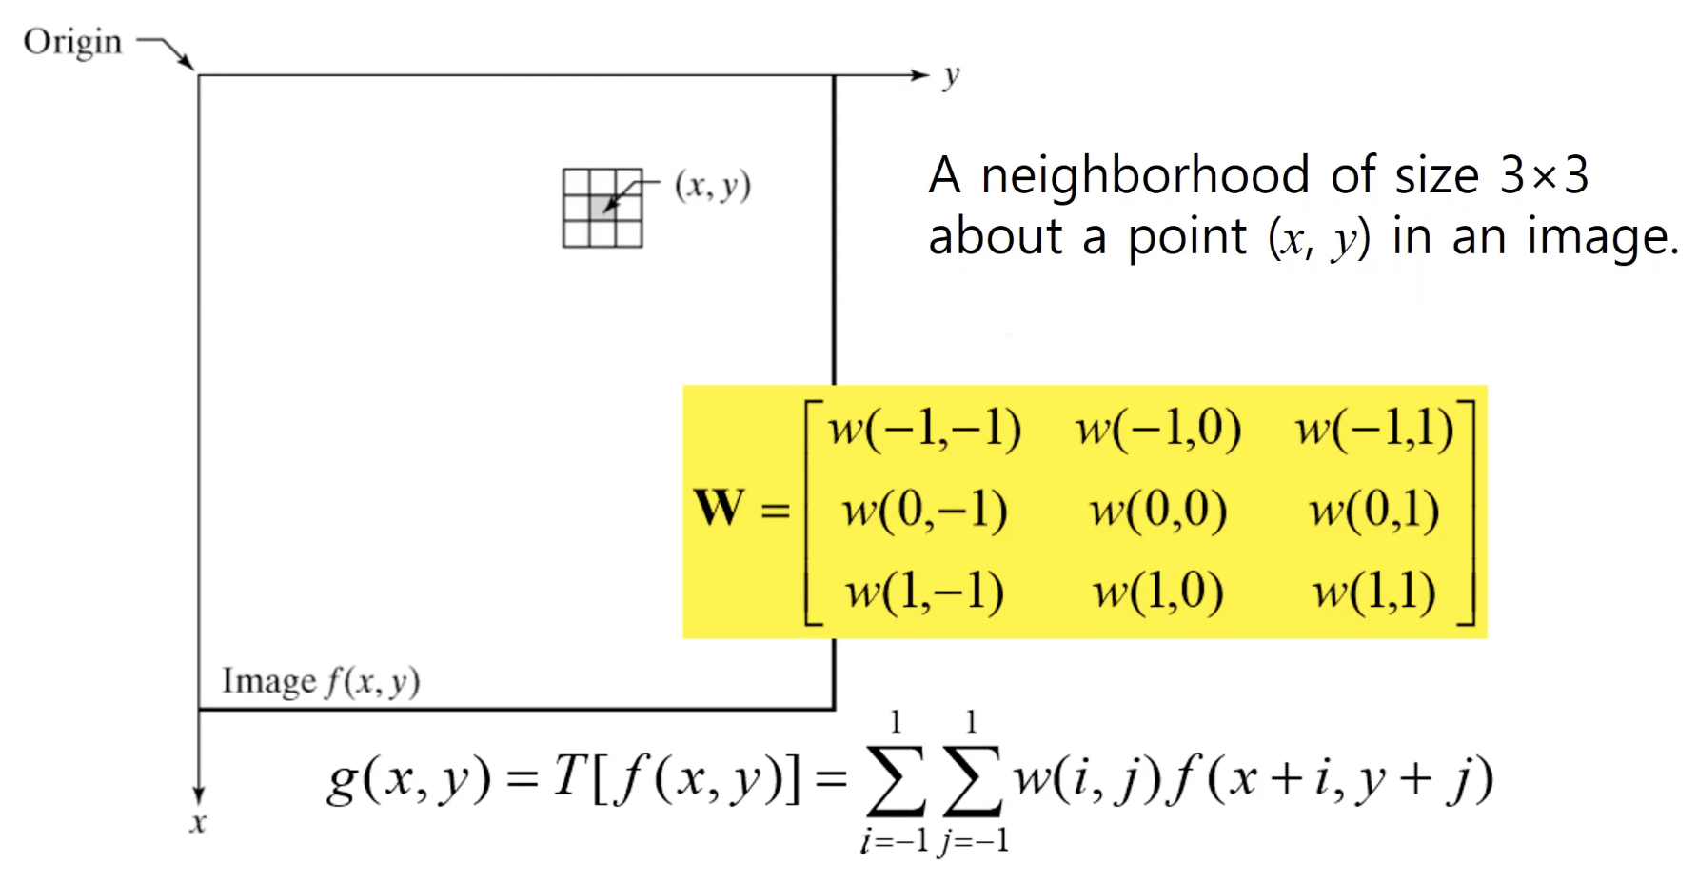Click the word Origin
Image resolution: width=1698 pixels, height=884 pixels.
[72, 42]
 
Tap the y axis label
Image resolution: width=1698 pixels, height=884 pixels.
[951, 76]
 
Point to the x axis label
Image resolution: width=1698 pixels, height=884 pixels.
[197, 822]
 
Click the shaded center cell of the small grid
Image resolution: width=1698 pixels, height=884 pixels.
[602, 208]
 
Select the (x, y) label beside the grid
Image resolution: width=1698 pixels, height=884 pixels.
[713, 185]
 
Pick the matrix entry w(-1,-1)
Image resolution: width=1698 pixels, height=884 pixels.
[924, 429]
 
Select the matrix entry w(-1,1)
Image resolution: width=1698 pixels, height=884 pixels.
[1373, 429]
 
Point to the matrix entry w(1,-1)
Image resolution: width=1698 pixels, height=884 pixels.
[924, 592]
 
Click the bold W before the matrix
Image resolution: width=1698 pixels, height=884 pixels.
[719, 507]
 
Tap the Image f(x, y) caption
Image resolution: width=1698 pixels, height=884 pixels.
[321, 681]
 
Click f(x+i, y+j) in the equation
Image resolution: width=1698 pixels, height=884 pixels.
[1333, 778]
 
